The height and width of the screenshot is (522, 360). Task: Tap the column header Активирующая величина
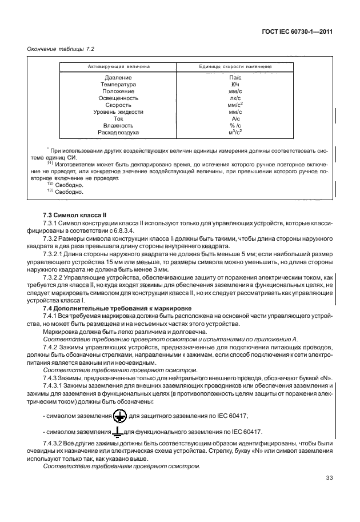pos(118,66)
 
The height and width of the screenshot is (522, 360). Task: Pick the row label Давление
pos(118,78)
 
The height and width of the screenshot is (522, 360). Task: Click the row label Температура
pos(118,85)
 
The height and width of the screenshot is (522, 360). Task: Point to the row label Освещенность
pos(118,98)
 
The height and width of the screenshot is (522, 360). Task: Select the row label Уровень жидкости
pos(118,112)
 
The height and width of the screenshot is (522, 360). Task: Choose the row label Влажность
pos(118,126)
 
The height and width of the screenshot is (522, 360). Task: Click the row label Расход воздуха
pos(118,133)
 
